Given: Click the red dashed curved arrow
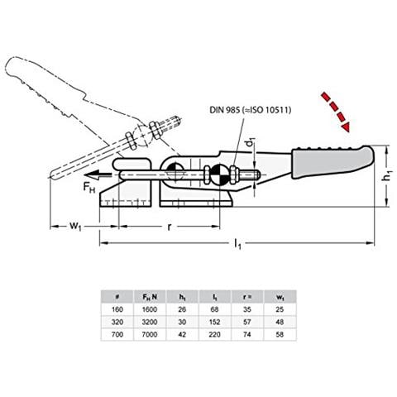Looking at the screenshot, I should click(335, 112).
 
